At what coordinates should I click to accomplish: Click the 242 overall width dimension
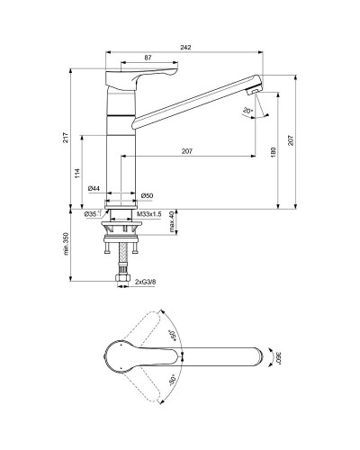184,46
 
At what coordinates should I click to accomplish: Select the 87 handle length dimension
147,58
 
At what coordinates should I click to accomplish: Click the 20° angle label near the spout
246,111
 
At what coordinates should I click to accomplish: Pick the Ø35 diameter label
91,215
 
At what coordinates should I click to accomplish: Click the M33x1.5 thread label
148,215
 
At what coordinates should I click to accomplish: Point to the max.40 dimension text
172,220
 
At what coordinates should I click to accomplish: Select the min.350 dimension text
66,244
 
